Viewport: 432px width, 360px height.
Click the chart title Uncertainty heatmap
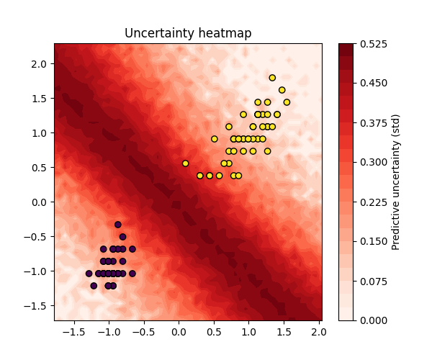188,33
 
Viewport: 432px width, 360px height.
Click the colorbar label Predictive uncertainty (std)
395,182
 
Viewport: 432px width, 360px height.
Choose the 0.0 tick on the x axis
179,333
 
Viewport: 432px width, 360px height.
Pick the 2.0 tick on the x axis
318,333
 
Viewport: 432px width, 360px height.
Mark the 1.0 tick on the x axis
248,333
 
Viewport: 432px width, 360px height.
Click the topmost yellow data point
272,78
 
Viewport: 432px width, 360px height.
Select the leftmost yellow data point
185,163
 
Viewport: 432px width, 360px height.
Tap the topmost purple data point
118,225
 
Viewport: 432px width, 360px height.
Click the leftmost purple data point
89,274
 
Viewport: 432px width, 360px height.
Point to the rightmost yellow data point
287,102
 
